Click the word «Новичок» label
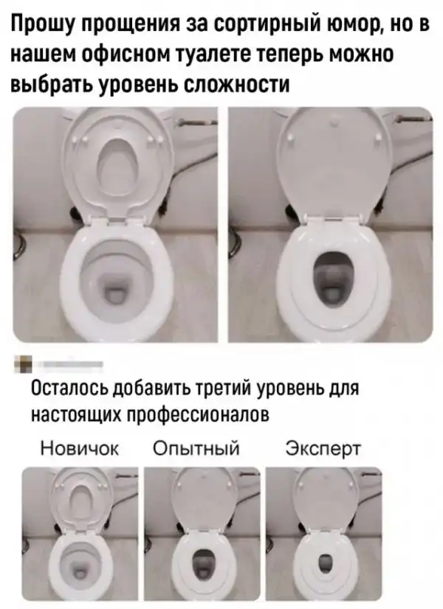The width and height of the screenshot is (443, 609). coord(80,448)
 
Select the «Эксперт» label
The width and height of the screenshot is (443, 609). coord(323,449)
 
